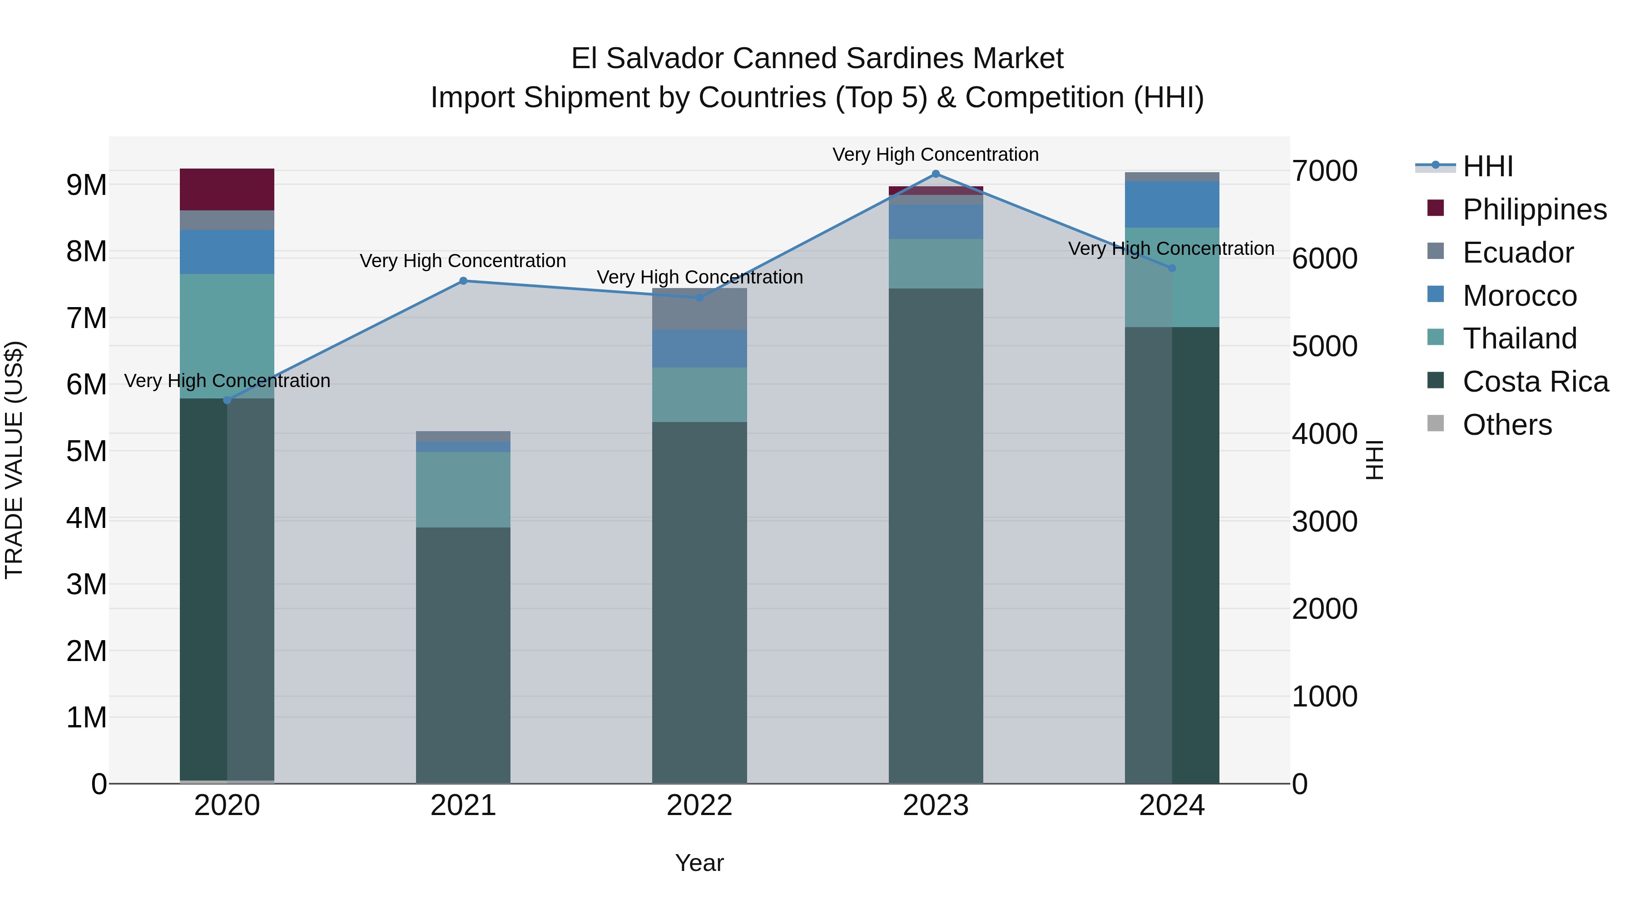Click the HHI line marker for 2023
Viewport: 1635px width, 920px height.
(x=936, y=174)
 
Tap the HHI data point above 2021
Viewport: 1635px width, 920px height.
(x=463, y=281)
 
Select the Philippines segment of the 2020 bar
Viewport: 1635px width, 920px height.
(x=227, y=189)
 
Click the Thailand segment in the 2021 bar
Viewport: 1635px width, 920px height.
(x=463, y=489)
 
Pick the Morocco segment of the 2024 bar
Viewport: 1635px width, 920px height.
(x=1172, y=204)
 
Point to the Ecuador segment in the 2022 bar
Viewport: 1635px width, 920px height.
(x=699, y=309)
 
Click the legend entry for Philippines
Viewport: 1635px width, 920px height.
(x=1534, y=209)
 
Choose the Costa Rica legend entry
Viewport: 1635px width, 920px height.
(x=1535, y=382)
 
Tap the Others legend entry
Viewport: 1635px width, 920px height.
(x=1507, y=425)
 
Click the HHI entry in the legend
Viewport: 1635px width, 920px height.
(x=1487, y=166)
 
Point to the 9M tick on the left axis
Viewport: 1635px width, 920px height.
(x=86, y=185)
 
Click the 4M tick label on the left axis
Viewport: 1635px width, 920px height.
(x=86, y=518)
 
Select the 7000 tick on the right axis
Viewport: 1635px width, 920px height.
(x=1325, y=171)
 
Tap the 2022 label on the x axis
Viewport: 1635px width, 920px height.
(x=699, y=806)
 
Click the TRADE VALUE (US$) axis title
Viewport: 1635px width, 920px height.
(x=14, y=460)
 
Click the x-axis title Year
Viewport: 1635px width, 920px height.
(x=699, y=863)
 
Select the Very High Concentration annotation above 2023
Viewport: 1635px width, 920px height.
(x=936, y=154)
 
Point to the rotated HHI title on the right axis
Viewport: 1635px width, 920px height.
(x=1375, y=460)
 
